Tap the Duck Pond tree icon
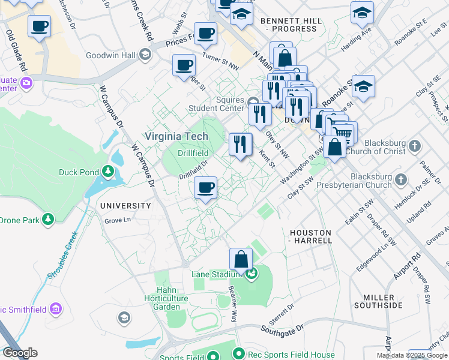tap(109, 172)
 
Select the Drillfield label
tap(193, 153)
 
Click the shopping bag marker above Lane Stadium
tap(241, 259)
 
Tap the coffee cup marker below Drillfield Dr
tap(205, 188)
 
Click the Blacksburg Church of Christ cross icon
tap(414, 146)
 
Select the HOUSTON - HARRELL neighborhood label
tap(310, 236)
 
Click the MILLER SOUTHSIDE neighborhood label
tap(383, 301)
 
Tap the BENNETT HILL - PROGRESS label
tap(291, 24)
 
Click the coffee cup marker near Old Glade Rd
tap(40, 26)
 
